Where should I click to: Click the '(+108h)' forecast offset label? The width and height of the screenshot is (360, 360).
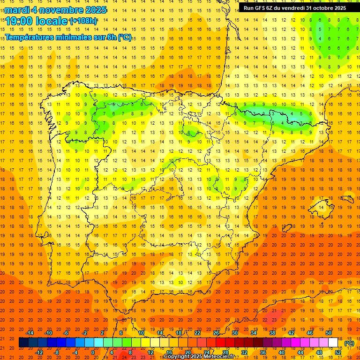point(83,21)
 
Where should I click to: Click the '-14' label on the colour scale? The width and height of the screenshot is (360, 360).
point(30,333)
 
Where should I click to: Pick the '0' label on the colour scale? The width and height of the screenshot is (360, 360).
point(93,352)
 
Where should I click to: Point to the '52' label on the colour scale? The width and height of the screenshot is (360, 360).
point(338,352)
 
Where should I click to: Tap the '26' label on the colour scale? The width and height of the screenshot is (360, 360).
point(216,333)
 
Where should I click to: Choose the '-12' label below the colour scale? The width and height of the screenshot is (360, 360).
point(39,352)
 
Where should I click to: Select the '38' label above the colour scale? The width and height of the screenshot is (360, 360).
point(272,333)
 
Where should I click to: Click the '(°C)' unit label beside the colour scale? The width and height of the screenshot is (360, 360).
point(349,343)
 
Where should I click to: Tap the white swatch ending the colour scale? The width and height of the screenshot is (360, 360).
point(333,343)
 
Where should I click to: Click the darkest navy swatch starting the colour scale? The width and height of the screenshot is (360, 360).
point(23,343)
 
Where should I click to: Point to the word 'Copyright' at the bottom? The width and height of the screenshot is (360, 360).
point(177,357)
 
